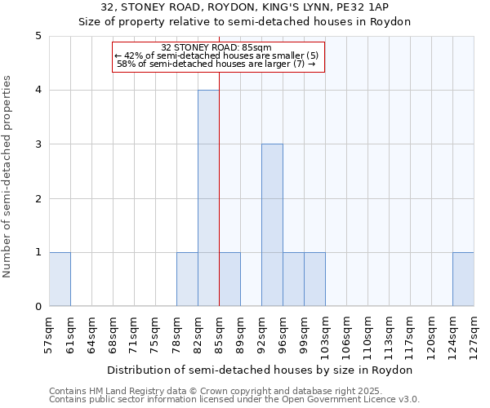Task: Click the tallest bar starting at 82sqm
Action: (208, 198)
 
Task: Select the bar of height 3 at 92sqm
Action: (272, 225)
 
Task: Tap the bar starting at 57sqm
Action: (60, 279)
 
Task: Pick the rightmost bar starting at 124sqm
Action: (463, 279)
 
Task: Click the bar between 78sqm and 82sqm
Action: (187, 279)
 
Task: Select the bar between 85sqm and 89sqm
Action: (229, 279)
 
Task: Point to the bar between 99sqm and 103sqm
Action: (314, 279)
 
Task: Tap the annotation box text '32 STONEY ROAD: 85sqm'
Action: (216, 47)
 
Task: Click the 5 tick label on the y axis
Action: (38, 36)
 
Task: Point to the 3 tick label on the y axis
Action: (38, 144)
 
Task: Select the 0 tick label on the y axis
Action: (38, 307)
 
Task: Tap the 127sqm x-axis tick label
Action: (474, 334)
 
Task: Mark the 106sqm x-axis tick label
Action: (347, 334)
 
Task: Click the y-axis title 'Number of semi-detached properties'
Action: (8, 177)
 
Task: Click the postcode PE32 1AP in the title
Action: (363, 7)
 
